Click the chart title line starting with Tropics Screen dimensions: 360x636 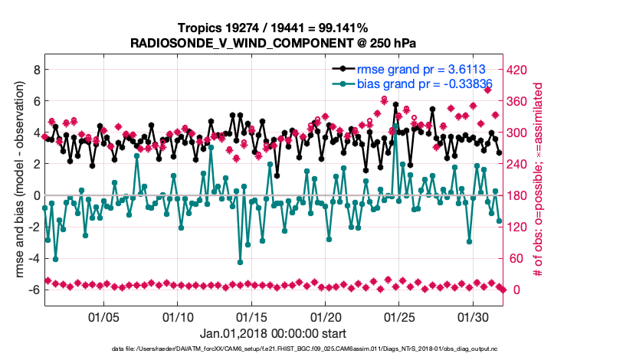tap(272, 29)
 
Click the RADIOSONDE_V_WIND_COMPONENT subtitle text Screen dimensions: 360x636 tap(272, 43)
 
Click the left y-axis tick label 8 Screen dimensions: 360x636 tap(34, 70)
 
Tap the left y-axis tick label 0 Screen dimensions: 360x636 tap(34, 195)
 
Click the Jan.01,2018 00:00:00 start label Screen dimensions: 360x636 tap(273, 334)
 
